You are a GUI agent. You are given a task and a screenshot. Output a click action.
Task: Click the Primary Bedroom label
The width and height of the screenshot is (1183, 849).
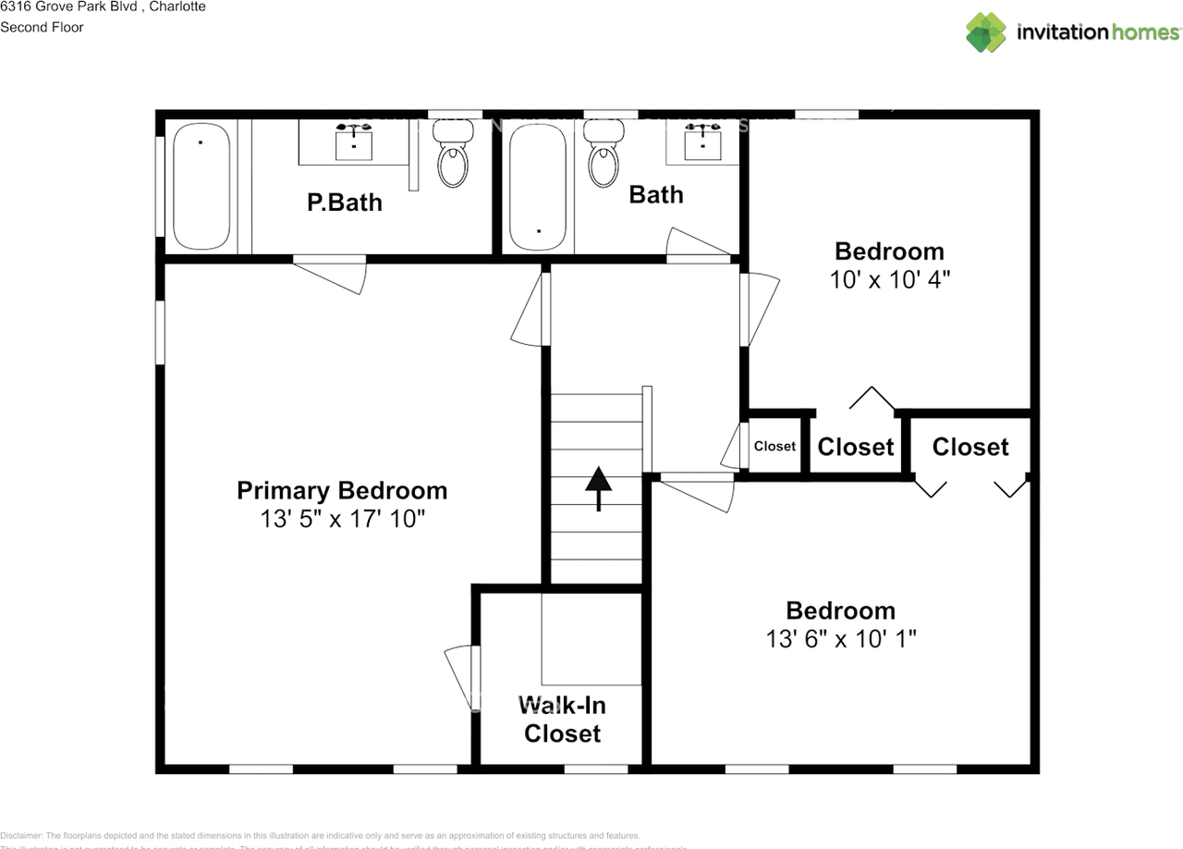click(x=342, y=490)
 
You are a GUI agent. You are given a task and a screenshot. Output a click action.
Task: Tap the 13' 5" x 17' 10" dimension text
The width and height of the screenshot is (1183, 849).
click(x=342, y=519)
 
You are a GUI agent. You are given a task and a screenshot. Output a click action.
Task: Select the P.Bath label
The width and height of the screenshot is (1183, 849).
click(x=344, y=202)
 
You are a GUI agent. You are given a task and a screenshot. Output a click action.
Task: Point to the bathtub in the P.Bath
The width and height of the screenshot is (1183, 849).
click(x=201, y=186)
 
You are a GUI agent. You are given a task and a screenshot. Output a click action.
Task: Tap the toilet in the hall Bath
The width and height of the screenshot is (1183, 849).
click(x=604, y=157)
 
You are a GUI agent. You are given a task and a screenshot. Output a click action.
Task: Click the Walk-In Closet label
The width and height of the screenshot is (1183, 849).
click(x=562, y=720)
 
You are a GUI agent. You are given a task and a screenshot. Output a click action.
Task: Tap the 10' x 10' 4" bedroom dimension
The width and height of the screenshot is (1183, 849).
click(x=889, y=279)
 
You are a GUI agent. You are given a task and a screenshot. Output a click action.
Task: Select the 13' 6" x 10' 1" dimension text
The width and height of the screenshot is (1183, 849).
click(x=840, y=638)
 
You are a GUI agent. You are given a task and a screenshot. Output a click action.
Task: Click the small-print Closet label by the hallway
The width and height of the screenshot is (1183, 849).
click(x=774, y=447)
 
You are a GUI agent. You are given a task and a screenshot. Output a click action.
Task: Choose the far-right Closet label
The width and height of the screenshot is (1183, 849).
click(x=970, y=447)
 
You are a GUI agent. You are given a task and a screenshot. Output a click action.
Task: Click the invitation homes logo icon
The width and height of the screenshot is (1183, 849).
click(x=985, y=32)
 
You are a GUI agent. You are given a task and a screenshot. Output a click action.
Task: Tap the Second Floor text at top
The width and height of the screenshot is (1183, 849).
click(x=42, y=27)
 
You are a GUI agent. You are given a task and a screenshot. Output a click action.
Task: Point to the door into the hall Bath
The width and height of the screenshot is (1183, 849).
click(x=698, y=245)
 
